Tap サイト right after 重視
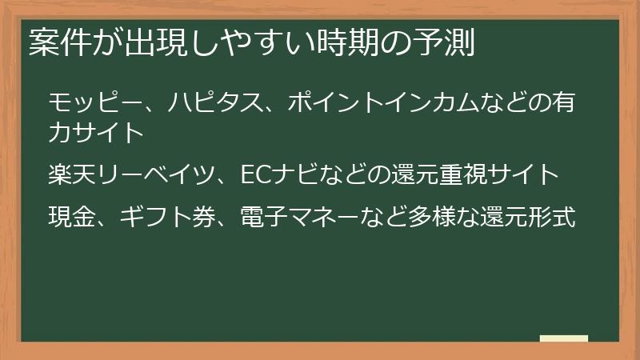click(x=523, y=174)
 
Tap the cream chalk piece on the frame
click(x=564, y=339)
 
